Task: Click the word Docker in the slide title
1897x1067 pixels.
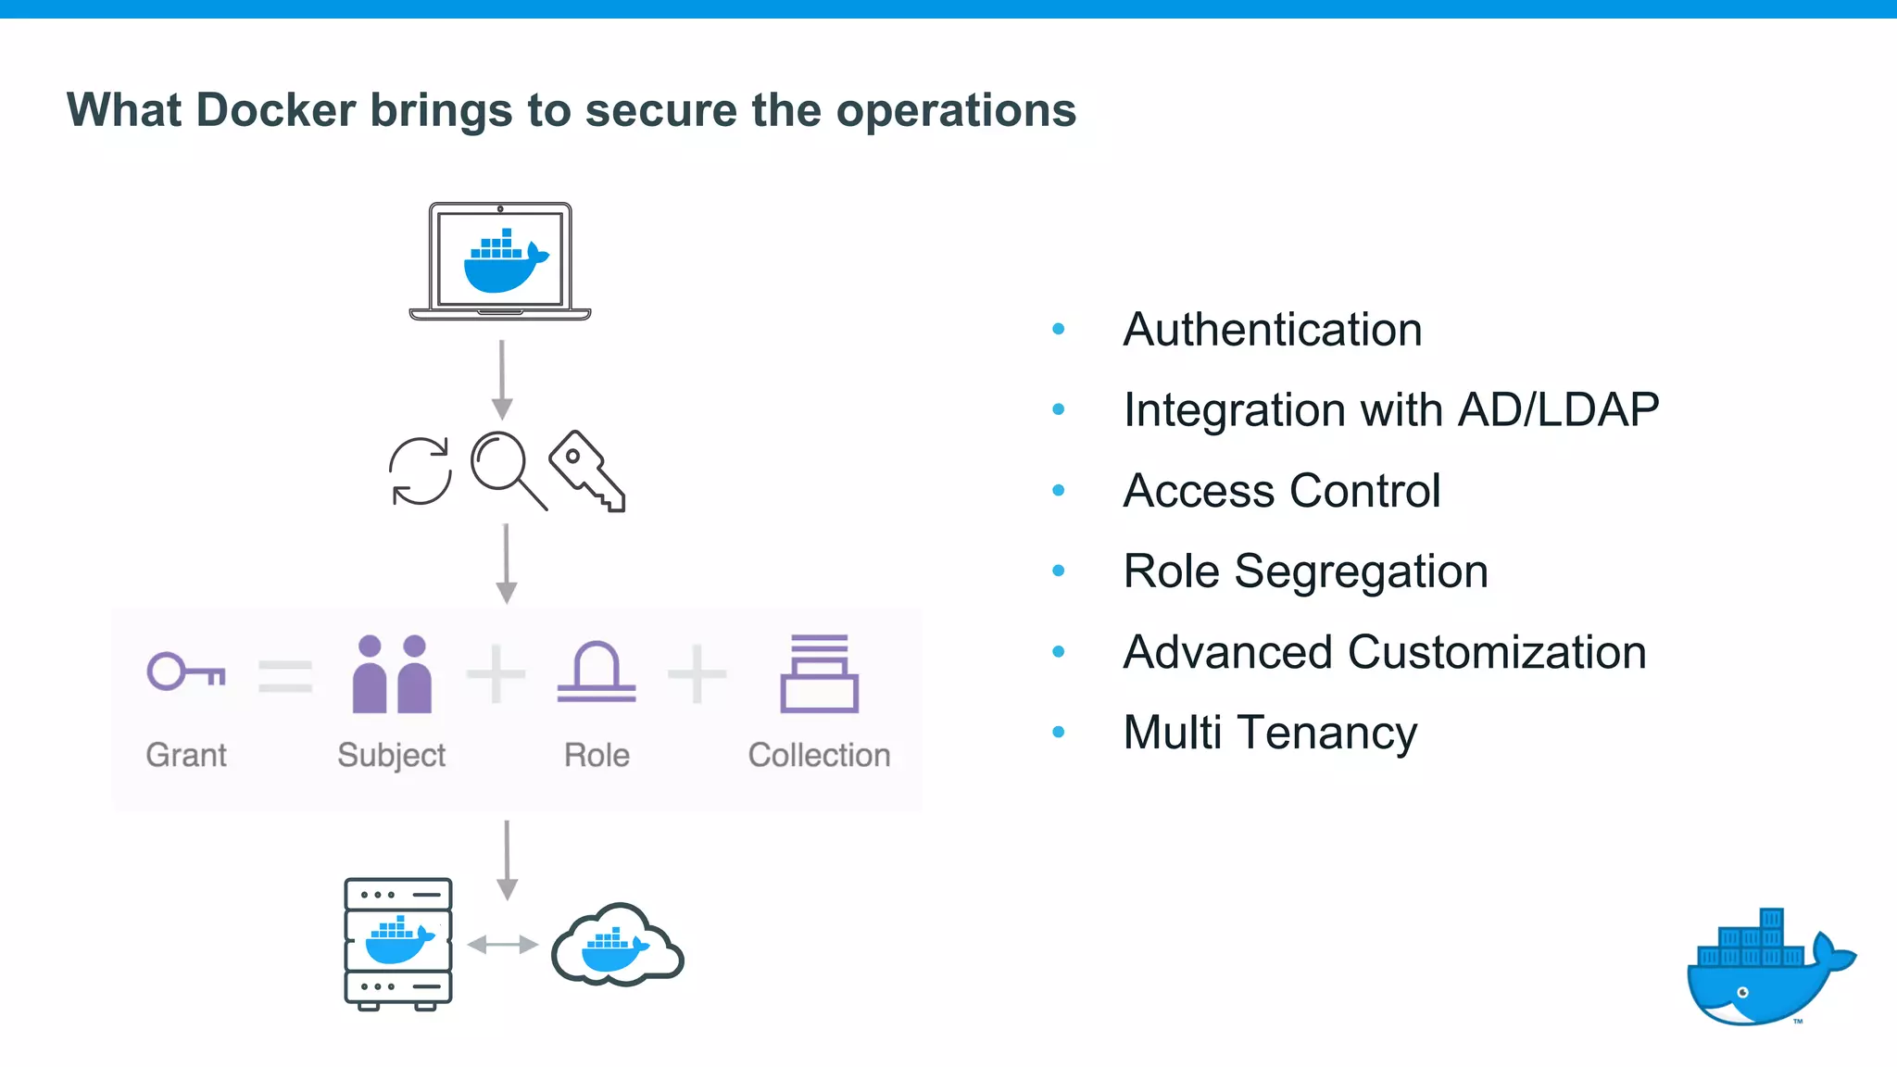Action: pos(276,110)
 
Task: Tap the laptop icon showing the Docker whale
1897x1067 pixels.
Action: pos(500,261)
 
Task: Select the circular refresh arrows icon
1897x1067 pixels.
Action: pos(421,471)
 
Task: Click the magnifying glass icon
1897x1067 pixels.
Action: pos(507,469)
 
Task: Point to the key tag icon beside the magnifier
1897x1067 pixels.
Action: pos(587,470)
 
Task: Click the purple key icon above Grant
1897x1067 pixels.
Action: pos(186,672)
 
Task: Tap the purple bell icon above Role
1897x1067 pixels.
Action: pos(597,672)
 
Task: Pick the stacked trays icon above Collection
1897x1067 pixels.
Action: pos(820,673)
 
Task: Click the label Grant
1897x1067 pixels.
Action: pos(186,755)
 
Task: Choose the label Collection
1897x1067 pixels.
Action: pos(820,755)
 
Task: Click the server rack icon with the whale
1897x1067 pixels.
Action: pos(398,943)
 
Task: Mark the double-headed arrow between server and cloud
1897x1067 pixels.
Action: pos(503,945)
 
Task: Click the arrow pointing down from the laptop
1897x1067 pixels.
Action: pos(502,380)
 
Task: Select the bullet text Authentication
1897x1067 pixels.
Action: pos(1273,330)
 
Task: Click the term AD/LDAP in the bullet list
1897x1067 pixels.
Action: pos(1559,410)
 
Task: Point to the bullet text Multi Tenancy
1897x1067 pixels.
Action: pos(1270,733)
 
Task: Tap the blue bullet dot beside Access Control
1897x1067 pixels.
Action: pos(1059,491)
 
